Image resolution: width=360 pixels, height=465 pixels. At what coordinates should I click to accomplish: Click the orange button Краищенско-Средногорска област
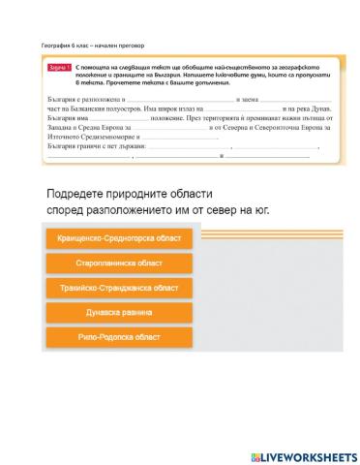click(x=119, y=238)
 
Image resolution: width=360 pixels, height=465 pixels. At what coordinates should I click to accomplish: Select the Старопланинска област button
click(x=119, y=263)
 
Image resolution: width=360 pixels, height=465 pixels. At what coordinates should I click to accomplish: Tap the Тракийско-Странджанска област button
click(x=119, y=288)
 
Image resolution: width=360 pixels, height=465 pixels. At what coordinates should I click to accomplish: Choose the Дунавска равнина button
click(x=119, y=313)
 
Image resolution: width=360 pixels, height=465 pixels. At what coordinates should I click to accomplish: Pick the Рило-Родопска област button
click(x=119, y=337)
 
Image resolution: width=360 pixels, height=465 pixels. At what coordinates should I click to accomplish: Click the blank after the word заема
click(x=280, y=101)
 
